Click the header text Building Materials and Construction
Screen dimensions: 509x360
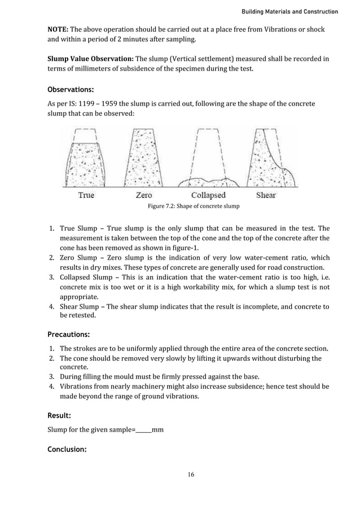(289, 11)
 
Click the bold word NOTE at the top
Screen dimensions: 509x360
(57, 29)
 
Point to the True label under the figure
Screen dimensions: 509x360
(86, 195)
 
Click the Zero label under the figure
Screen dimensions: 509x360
(144, 195)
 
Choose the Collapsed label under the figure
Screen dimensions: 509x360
(208, 195)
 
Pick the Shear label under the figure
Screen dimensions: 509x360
(266, 195)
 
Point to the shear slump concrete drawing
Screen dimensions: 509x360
(271, 161)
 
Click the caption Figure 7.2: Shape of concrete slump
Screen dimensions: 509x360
(193, 207)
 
